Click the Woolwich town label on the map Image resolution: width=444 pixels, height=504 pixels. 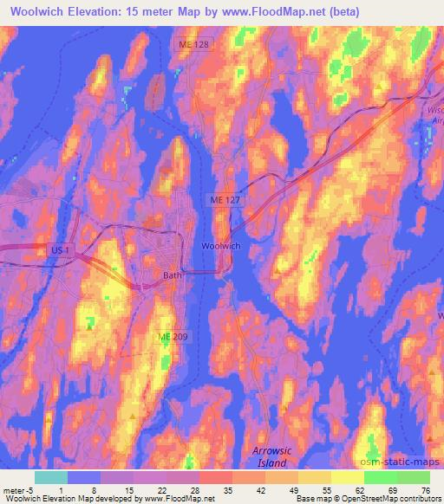click(x=221, y=246)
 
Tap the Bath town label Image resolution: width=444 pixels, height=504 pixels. click(x=172, y=276)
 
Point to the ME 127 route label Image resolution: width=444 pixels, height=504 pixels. click(x=224, y=199)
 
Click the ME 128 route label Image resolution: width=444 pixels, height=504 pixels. click(x=195, y=43)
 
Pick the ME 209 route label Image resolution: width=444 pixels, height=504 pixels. click(x=171, y=336)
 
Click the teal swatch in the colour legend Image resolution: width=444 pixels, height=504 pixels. click(x=51, y=477)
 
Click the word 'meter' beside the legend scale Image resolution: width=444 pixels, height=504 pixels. click(x=12, y=489)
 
